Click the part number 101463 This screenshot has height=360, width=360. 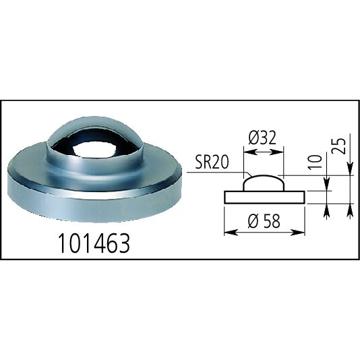click(94, 243)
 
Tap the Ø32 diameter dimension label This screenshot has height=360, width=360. click(262, 138)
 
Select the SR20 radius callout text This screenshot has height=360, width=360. click(212, 162)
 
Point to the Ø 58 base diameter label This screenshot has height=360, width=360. click(264, 221)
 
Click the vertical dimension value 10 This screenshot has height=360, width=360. click(315, 162)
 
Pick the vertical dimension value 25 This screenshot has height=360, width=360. click(339, 146)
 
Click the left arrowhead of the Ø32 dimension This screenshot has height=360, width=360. click(249, 152)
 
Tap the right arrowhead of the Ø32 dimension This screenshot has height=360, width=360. click(278, 152)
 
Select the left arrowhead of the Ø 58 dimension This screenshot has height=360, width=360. click(230, 233)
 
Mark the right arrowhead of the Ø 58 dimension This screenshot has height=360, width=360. click(299, 233)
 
